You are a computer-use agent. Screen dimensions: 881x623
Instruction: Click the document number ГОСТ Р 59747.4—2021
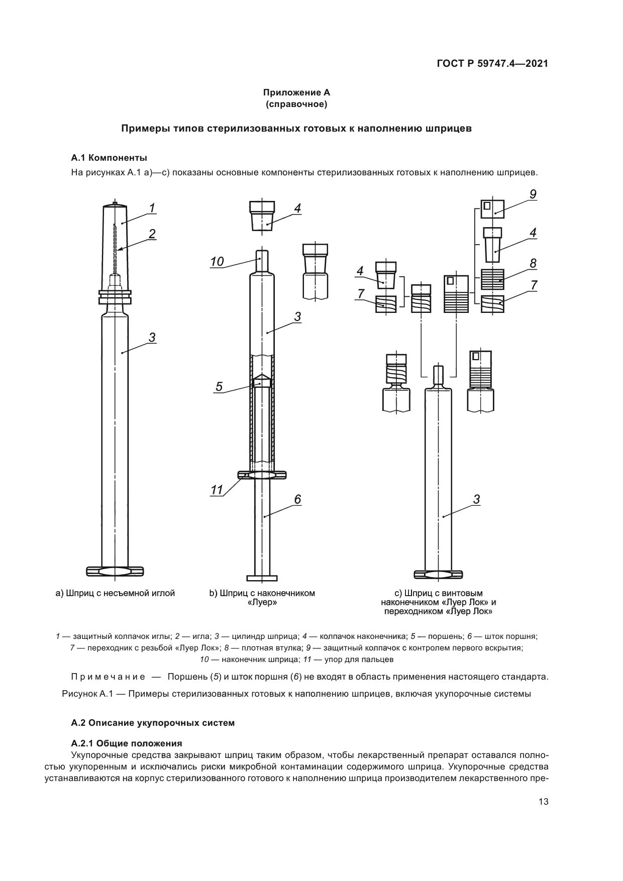(492, 64)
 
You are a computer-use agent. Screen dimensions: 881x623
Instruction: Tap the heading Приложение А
(296, 92)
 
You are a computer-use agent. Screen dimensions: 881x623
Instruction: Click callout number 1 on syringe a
(152, 207)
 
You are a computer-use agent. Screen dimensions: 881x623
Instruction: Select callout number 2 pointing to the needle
(152, 234)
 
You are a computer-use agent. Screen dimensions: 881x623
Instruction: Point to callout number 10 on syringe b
(217, 261)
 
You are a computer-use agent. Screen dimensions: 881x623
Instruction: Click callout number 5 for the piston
(219, 386)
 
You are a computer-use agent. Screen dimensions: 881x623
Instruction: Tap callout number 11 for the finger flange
(217, 490)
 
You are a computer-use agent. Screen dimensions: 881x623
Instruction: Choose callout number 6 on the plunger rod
(297, 499)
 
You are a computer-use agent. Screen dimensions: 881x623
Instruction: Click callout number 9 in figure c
(533, 194)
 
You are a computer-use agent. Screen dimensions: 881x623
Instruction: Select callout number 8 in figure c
(533, 263)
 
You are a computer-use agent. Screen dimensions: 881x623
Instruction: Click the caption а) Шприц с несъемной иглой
(115, 593)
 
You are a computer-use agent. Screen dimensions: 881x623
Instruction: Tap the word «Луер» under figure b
(263, 602)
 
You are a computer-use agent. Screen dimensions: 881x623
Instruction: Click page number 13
(543, 802)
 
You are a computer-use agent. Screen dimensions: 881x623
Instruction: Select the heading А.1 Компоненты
(109, 158)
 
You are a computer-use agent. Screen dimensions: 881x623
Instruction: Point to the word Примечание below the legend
(108, 677)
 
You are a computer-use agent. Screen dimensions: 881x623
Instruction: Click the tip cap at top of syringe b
(262, 215)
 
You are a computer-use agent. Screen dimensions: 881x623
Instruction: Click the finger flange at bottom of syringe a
(115, 571)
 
